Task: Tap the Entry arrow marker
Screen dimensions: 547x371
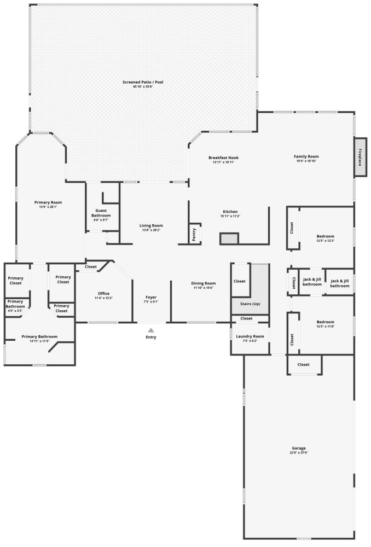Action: (150, 330)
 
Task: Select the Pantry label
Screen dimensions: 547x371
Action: (194, 235)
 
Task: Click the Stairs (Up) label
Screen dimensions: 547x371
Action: (250, 304)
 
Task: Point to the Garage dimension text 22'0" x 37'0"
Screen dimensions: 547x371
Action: (298, 453)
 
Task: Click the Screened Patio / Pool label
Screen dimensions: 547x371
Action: (143, 82)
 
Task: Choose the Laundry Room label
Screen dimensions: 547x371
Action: (250, 336)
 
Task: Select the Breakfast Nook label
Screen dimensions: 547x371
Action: (223, 158)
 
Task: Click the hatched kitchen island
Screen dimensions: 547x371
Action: (229, 238)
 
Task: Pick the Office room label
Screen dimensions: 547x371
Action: (103, 294)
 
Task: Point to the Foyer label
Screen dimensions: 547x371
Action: (151, 297)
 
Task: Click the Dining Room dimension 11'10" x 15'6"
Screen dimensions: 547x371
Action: (203, 288)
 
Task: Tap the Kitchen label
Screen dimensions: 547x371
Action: (230, 211)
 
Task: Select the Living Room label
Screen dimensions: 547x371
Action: (151, 225)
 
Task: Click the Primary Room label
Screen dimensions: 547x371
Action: (48, 202)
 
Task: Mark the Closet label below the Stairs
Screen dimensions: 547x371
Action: (246, 318)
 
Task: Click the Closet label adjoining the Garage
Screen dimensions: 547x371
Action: (304, 364)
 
